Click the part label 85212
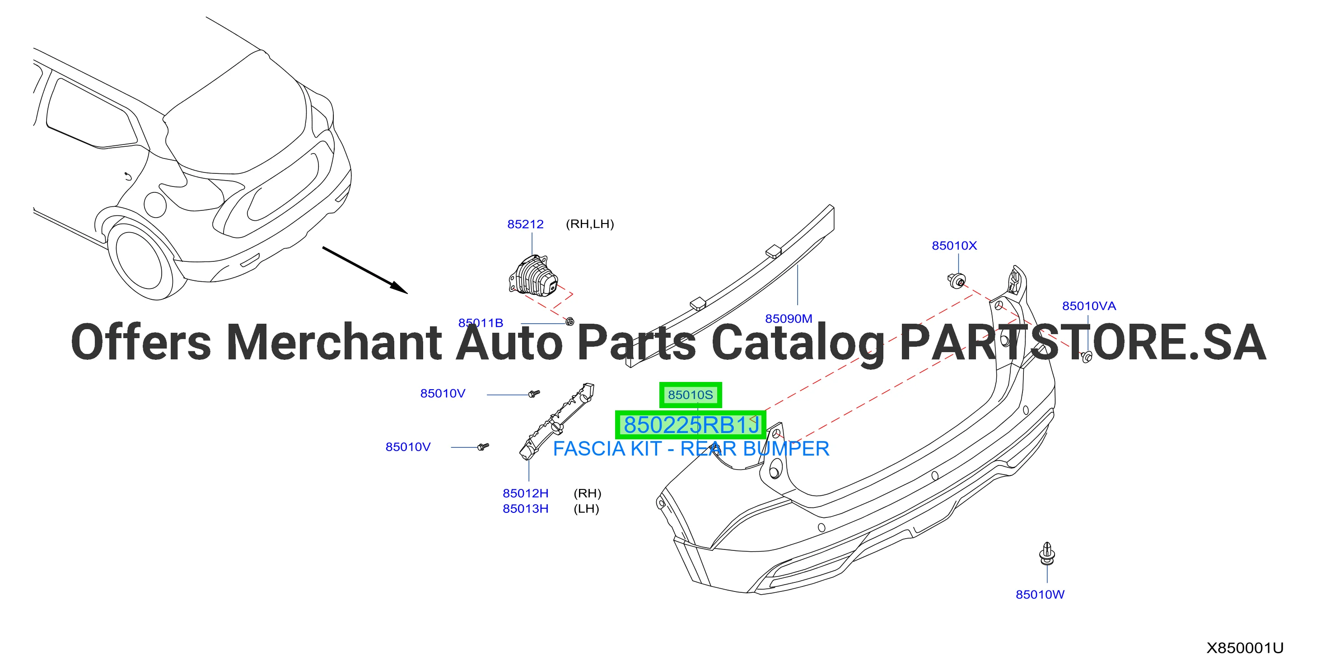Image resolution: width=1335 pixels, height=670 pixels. click(525, 224)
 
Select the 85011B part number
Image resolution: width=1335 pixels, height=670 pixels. click(481, 323)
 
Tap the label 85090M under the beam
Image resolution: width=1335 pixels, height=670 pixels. click(788, 319)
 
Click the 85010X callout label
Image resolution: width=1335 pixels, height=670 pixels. click(954, 246)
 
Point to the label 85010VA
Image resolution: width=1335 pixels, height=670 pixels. click(1089, 306)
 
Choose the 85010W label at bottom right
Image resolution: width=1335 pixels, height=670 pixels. click(1040, 594)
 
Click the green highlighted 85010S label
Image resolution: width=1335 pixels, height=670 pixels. click(690, 395)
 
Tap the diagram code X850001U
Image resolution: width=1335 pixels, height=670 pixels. click(1245, 648)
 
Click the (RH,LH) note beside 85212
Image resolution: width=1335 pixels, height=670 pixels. click(590, 224)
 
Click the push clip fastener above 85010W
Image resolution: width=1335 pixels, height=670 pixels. click(1047, 554)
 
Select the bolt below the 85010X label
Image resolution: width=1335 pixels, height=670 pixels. click(956, 280)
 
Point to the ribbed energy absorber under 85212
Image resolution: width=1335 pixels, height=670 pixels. click(534, 276)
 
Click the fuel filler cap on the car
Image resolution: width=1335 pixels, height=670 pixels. click(155, 205)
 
